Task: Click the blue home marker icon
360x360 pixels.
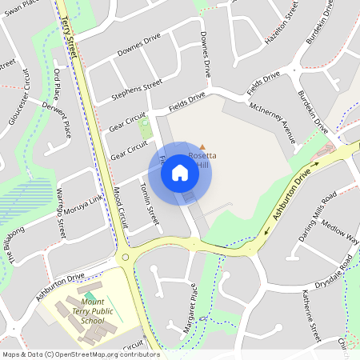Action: point(180,172)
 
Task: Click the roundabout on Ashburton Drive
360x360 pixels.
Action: point(125,258)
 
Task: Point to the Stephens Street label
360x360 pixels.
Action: point(137,89)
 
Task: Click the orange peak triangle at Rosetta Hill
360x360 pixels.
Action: point(202,146)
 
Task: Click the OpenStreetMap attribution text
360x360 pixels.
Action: point(80,354)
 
